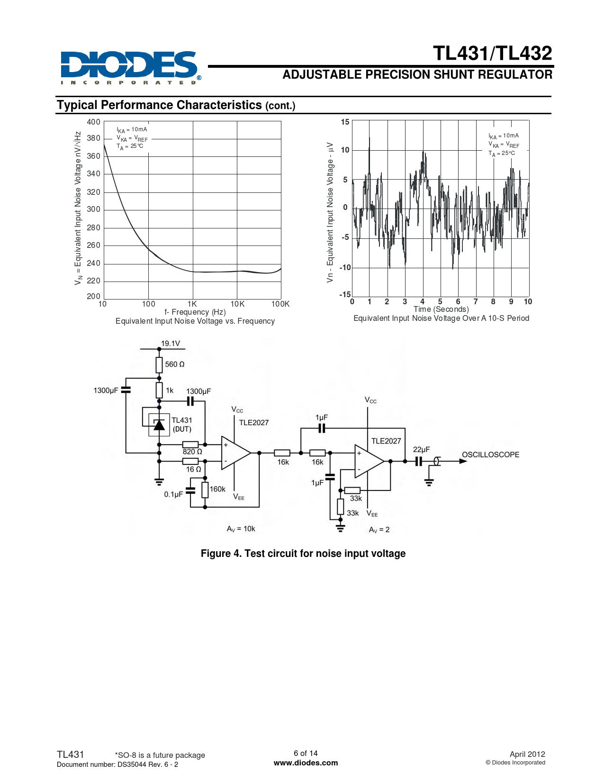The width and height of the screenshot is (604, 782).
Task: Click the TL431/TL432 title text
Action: [x=492, y=53]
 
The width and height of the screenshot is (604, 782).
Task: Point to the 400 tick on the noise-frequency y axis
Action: [x=93, y=122]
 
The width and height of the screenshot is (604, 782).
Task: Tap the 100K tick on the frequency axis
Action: [x=280, y=304]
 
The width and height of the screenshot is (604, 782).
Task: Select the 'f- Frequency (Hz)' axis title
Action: [x=195, y=312]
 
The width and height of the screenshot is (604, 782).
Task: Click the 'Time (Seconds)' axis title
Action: [x=441, y=309]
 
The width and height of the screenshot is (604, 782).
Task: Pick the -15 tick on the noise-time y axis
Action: [x=345, y=295]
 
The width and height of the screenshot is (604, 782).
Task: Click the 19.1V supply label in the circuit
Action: [x=170, y=344]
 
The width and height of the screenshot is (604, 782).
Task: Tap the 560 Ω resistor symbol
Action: [x=159, y=364]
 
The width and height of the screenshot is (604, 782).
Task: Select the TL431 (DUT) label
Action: [x=182, y=425]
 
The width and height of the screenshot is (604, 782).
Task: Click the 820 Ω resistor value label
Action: [x=192, y=452]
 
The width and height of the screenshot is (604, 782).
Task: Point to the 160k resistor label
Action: [x=217, y=489]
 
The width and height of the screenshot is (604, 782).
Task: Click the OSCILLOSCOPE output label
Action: [x=490, y=455]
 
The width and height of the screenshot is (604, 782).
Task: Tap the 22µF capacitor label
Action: [x=421, y=449]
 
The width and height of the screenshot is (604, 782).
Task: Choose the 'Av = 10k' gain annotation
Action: [x=241, y=529]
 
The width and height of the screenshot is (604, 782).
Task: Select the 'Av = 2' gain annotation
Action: [x=379, y=530]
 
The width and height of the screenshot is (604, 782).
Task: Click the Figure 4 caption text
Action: [x=303, y=554]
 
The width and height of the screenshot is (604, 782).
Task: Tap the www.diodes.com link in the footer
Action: [x=306, y=763]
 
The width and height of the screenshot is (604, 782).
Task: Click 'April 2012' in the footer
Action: [x=527, y=754]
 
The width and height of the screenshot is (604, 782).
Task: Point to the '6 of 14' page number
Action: [x=306, y=753]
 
